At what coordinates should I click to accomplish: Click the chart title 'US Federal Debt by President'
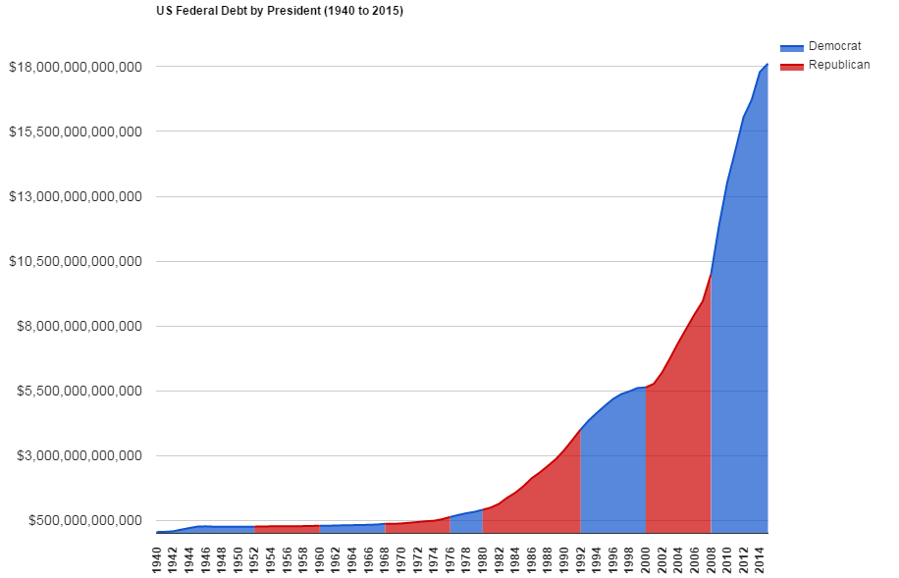coord(280,12)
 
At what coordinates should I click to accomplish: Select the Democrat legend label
coord(834,47)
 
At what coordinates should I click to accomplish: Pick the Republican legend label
coord(839,65)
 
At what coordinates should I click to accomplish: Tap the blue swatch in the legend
coord(792,48)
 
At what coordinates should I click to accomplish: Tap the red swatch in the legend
coord(792,66)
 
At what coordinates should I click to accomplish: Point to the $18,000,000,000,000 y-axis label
coord(76,67)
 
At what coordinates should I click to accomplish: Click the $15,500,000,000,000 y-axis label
coord(76,131)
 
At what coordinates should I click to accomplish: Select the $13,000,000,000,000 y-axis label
coord(76,196)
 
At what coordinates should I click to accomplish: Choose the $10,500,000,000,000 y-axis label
coord(76,261)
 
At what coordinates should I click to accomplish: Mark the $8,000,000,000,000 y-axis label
coord(79,326)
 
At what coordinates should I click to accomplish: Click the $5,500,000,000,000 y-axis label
coord(79,391)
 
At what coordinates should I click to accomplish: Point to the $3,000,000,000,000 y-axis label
coord(79,455)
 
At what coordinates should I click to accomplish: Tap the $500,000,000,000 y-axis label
coord(83,520)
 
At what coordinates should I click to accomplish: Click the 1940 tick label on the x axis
coord(157,558)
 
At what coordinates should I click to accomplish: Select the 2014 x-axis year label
coord(760,558)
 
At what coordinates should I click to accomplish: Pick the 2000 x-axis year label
coord(646,558)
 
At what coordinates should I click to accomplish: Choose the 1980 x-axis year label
coord(483,558)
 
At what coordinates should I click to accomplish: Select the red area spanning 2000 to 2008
coord(678,451)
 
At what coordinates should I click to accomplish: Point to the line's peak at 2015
coord(767,64)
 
